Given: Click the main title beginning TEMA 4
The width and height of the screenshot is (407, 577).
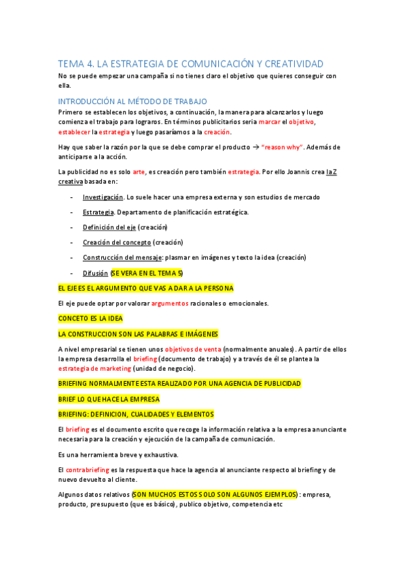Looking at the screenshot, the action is coord(191,64).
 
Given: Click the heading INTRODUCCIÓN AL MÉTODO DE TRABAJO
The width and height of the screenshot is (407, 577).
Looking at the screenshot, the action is coord(132,101).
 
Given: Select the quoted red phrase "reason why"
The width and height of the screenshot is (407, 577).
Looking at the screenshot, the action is coord(283,147).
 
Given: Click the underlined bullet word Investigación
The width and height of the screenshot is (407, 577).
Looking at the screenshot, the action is coord(103,197).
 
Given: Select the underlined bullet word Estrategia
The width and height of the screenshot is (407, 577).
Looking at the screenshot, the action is coord(99,212).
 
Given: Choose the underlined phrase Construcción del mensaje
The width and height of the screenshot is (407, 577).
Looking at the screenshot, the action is coord(122,257).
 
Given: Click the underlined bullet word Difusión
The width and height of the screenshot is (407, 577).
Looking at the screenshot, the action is coord(95,273).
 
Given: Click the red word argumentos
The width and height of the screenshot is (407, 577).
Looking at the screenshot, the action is coord(171,303).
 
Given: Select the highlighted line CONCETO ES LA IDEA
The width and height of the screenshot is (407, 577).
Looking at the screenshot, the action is coord(91,318).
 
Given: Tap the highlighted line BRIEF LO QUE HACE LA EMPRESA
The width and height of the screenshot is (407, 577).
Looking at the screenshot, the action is coord(109,399).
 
